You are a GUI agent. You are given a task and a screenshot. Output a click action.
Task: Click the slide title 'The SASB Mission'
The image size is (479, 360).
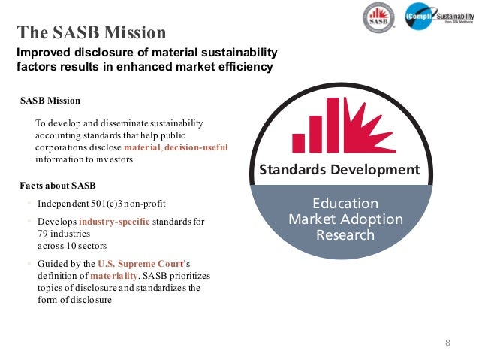(x=91, y=32)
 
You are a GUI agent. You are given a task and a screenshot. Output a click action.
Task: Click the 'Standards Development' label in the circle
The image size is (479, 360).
(x=339, y=170)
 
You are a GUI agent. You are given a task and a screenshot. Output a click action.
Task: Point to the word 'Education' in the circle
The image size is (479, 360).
(x=345, y=204)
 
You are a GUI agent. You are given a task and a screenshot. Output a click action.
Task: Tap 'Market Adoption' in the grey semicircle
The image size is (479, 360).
(x=345, y=219)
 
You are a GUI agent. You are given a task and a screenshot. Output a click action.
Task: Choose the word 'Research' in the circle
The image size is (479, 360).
(x=345, y=235)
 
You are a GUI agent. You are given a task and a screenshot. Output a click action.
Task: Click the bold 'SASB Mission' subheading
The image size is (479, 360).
(x=50, y=100)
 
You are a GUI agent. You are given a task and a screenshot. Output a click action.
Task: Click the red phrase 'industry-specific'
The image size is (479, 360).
(x=114, y=222)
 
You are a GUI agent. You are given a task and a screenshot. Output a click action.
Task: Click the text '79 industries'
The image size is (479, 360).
(x=64, y=234)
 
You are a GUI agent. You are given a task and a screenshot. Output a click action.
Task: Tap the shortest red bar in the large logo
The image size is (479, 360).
(x=298, y=143)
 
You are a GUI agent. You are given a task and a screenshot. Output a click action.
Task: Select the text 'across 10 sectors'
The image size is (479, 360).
(x=72, y=246)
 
